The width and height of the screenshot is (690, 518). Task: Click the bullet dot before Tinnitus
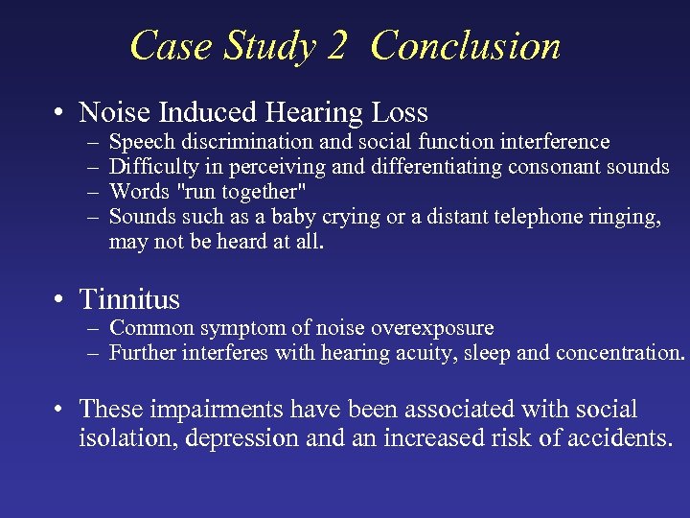pos(60,300)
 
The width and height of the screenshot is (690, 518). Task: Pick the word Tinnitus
pos(129,300)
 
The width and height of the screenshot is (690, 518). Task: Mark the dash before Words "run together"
pos(90,193)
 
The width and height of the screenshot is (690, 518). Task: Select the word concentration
pos(617,353)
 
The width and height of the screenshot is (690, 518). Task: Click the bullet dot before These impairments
pos(60,410)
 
